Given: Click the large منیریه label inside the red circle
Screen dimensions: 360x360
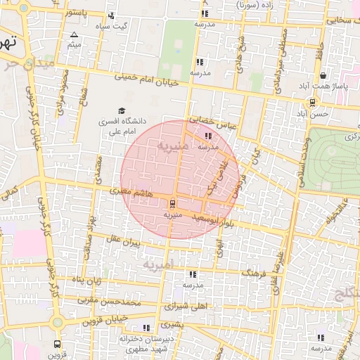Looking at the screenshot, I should (x=172, y=147).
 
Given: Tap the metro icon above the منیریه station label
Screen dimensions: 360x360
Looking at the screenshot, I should (x=173, y=204).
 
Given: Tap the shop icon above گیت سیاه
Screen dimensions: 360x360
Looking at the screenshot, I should (x=111, y=16).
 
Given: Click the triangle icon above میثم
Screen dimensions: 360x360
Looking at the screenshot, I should (x=75, y=34).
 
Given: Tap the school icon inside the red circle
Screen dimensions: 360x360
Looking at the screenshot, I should (x=207, y=136).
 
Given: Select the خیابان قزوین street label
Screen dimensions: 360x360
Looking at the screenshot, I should (x=88, y=321).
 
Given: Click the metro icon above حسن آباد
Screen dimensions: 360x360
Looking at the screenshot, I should (x=312, y=102).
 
